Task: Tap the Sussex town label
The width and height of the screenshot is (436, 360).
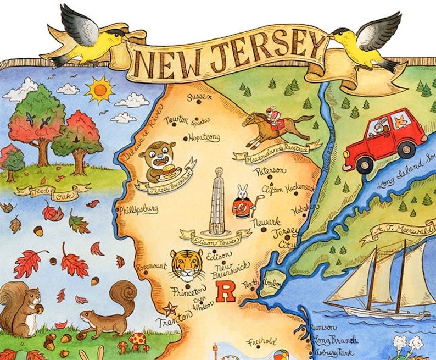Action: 198,98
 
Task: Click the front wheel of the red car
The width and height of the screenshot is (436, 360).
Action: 365,163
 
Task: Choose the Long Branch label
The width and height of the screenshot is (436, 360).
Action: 335,340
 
